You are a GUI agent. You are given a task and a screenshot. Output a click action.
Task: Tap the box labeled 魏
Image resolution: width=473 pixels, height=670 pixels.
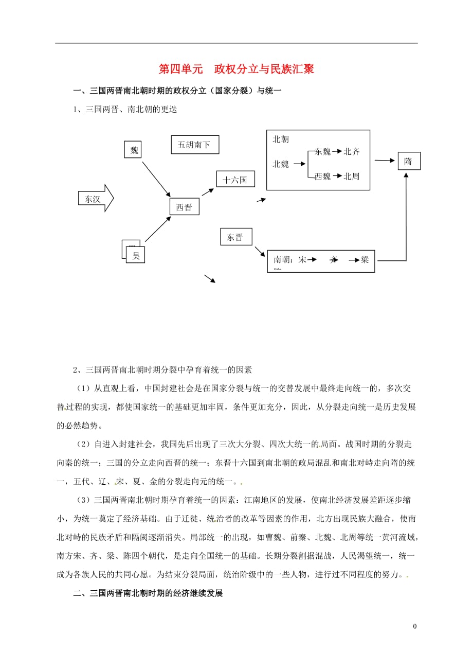pyautogui.click(x=134, y=150)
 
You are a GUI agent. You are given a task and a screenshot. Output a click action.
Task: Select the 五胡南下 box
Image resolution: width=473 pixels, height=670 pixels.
pyautogui.click(x=194, y=145)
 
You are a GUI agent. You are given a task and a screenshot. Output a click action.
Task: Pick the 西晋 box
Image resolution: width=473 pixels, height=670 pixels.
pyautogui.click(x=184, y=207)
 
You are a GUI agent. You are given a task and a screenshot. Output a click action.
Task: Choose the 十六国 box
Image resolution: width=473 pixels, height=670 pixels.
pyautogui.click(x=235, y=180)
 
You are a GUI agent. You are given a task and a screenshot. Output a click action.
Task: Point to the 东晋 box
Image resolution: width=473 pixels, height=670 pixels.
pyautogui.click(x=235, y=237)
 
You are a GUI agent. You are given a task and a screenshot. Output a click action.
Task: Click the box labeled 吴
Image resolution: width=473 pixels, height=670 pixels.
pyautogui.click(x=136, y=255)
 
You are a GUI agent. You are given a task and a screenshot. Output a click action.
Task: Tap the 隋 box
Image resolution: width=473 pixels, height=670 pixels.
pyautogui.click(x=408, y=161)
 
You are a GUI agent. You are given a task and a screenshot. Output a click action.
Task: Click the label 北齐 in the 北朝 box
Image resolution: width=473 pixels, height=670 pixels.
pyautogui.click(x=352, y=151)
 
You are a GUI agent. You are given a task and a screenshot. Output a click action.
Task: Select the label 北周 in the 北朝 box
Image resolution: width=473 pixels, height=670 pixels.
pyautogui.click(x=352, y=176)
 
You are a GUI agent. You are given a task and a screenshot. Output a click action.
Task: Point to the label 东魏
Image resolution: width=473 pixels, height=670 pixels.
pyautogui.click(x=322, y=151)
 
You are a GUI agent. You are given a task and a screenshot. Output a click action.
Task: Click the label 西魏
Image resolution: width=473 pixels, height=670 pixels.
pyautogui.click(x=322, y=176)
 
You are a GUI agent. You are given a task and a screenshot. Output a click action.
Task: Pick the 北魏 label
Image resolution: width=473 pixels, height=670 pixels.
pyautogui.click(x=281, y=164)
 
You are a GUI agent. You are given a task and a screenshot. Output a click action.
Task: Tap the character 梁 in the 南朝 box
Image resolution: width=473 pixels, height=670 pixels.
pyautogui.click(x=365, y=259)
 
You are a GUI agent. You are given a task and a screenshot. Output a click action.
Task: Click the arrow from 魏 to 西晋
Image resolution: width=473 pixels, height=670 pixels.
pyautogui.click(x=156, y=178)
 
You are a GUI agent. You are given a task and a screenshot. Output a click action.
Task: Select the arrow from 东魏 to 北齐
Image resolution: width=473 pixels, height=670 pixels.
pyautogui.click(x=337, y=151)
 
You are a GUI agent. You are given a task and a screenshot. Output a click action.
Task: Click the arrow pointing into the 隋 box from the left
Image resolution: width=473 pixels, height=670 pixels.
pyautogui.click(x=385, y=161)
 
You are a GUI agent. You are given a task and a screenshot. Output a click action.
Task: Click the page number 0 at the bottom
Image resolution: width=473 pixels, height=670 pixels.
pyautogui.click(x=414, y=626)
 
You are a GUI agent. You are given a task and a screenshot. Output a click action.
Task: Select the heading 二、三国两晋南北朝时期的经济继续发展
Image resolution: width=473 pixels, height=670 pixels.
pyautogui.click(x=148, y=593)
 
